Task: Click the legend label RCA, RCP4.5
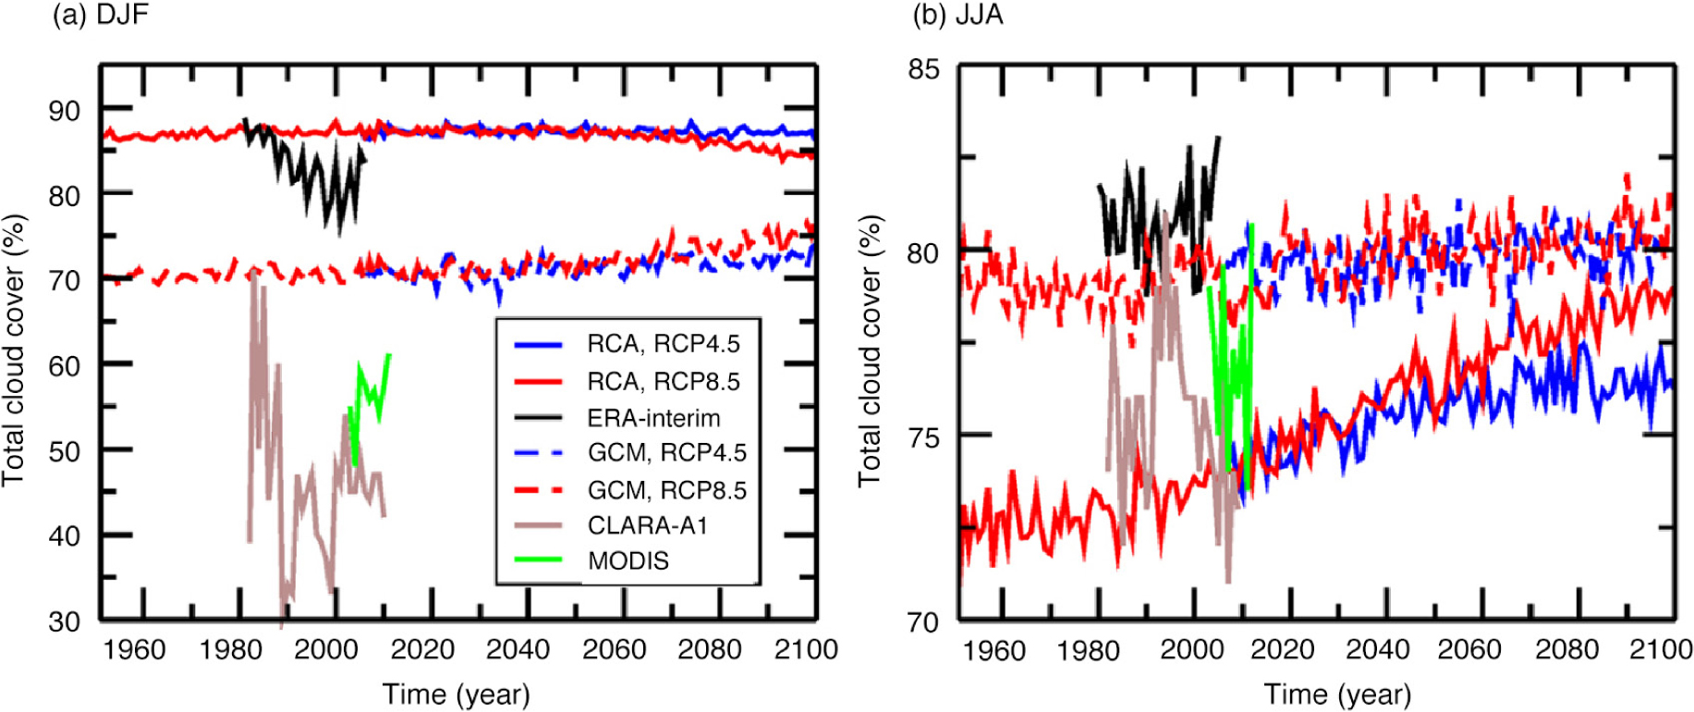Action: pyautogui.click(x=663, y=344)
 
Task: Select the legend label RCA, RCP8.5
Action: pyautogui.click(x=663, y=381)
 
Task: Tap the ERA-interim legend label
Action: pyautogui.click(x=653, y=418)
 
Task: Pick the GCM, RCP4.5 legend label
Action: pyautogui.click(x=666, y=453)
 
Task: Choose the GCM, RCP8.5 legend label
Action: pyautogui.click(x=666, y=490)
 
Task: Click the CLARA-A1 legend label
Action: pyautogui.click(x=648, y=525)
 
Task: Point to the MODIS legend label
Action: pyautogui.click(x=628, y=560)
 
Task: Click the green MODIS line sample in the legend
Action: pyautogui.click(x=538, y=559)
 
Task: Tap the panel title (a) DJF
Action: pyautogui.click(x=101, y=16)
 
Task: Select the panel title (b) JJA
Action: pyautogui.click(x=957, y=16)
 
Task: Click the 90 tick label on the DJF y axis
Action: pyautogui.click(x=65, y=111)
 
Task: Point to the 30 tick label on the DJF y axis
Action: pyautogui.click(x=65, y=621)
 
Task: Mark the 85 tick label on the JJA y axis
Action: pyautogui.click(x=923, y=69)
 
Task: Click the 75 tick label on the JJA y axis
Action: pyautogui.click(x=923, y=436)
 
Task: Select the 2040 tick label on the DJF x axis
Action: pyautogui.click(x=518, y=649)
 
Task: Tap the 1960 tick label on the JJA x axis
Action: pyautogui.click(x=993, y=650)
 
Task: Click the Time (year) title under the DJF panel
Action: pyautogui.click(x=456, y=694)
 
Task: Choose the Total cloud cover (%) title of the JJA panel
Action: pyautogui.click(x=870, y=351)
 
